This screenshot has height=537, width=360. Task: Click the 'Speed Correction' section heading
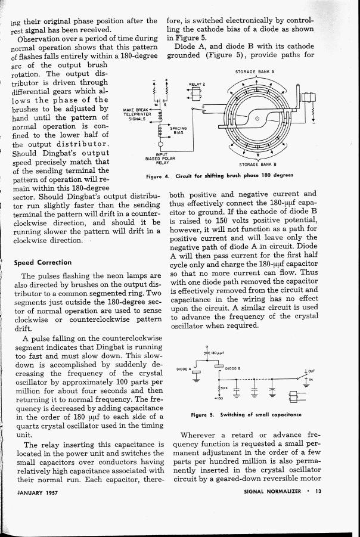[x=42, y=262]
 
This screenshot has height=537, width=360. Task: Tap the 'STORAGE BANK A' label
[x=256, y=72]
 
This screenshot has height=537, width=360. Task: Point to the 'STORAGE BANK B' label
[x=257, y=164]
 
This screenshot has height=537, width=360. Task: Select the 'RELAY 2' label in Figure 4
[x=197, y=84]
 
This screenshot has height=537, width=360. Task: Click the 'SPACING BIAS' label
[x=178, y=130]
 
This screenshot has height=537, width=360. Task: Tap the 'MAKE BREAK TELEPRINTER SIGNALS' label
[x=139, y=114]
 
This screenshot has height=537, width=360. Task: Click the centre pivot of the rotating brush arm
[x=257, y=119]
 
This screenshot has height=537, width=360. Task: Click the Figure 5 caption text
[x=246, y=414]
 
